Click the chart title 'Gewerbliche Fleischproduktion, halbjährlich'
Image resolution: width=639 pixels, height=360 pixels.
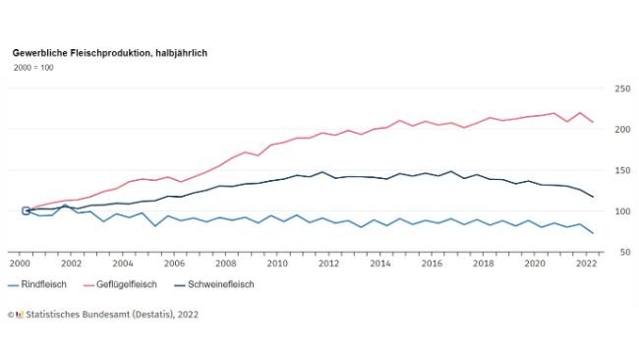109,51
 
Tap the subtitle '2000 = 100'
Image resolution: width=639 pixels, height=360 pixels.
32,67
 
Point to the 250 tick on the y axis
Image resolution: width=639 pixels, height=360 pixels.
621,89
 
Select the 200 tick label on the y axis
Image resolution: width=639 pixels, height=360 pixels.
621,130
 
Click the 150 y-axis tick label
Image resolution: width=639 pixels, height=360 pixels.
621,170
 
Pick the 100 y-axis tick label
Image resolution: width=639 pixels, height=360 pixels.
621,211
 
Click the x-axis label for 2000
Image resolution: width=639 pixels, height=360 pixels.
20,265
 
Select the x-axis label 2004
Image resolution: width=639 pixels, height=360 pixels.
122,265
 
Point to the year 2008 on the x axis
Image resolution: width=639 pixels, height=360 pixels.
225,265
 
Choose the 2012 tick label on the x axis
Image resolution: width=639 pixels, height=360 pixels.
328,265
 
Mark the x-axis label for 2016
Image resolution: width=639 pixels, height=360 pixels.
431,265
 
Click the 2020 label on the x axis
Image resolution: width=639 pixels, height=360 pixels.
534,265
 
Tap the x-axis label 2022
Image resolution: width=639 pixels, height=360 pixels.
585,265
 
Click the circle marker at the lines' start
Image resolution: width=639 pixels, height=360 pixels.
26,210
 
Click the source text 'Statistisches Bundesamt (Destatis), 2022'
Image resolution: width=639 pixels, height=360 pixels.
109,315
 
